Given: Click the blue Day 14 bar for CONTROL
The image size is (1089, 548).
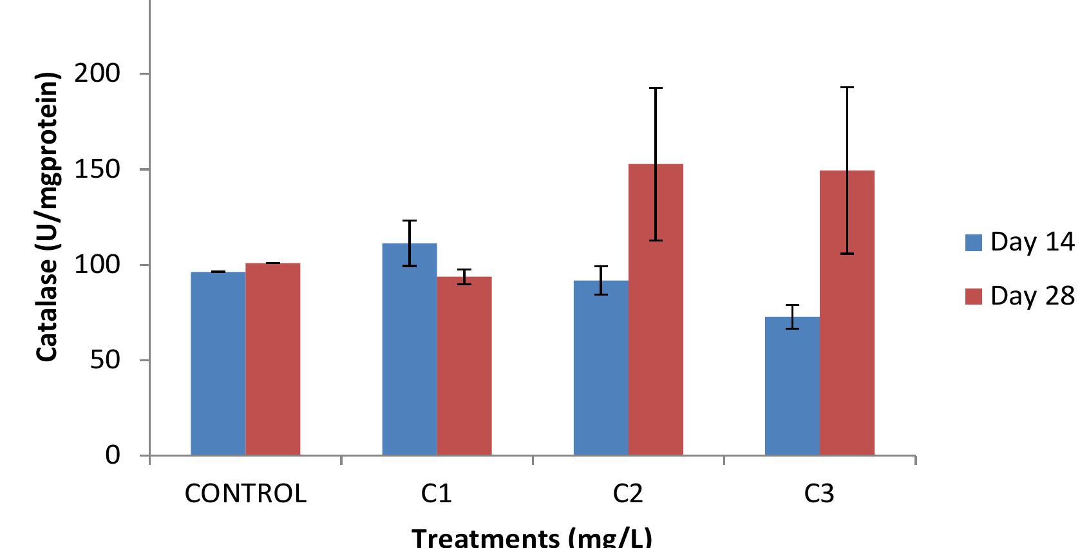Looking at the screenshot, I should click(218, 363).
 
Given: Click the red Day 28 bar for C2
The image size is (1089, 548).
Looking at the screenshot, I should click(655, 309).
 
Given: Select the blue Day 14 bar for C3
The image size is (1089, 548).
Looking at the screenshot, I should click(791, 386).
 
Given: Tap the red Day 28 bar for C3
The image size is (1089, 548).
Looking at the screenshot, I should click(847, 312).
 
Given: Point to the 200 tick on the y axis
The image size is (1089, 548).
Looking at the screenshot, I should click(97, 74).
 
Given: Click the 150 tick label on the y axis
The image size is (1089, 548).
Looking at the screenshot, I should click(97, 169).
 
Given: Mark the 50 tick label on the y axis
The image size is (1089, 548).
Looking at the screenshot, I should click(104, 360).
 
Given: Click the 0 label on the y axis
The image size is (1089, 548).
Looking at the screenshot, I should click(112, 455).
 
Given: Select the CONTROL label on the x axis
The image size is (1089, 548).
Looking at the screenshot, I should click(245, 494).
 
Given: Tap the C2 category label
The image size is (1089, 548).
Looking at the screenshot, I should click(627, 494).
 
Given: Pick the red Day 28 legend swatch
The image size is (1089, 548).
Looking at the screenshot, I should click(973, 296).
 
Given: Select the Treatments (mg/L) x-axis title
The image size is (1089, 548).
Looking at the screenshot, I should click(531, 537).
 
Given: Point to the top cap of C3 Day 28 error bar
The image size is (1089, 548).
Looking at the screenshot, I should click(847, 88).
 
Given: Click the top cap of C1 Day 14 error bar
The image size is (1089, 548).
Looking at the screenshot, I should click(409, 221).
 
